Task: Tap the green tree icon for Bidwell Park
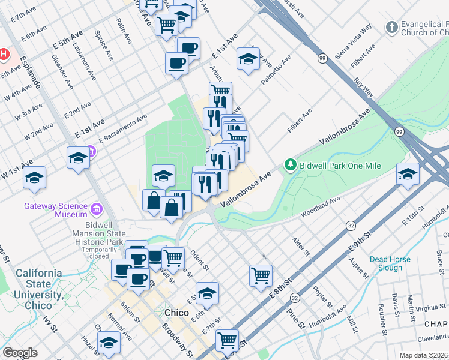click(x=291, y=164)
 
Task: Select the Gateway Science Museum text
click(x=55, y=209)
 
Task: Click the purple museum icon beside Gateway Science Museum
click(x=96, y=209)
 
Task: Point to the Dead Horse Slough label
click(x=390, y=263)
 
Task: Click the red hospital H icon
click(x=4, y=55)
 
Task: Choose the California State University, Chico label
click(x=39, y=284)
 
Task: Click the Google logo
click(x=20, y=353)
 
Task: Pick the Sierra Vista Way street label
click(x=354, y=41)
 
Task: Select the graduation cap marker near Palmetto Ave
click(x=247, y=59)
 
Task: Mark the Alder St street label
click(x=300, y=247)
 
